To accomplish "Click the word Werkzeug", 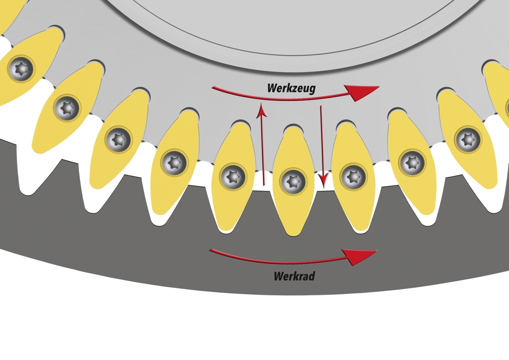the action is tap(291, 88).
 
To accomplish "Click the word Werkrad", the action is tap(294, 276).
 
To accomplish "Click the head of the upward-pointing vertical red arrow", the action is tap(261, 110).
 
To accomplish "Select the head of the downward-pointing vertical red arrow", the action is tap(323, 180).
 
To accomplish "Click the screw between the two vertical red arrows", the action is tap(293, 181).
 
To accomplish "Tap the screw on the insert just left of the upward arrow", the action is tap(233, 177).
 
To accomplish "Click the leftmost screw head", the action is tap(21, 69).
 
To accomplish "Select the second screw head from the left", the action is tap(67, 108).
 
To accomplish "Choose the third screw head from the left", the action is tap(118, 139).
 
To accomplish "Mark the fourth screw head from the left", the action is tap(174, 162).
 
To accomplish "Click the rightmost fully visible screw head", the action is tap(468, 140).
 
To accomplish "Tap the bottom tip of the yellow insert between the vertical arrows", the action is tap(293, 236).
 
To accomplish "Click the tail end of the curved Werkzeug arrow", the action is tap(213, 88).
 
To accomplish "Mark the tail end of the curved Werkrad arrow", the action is tap(210, 250).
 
